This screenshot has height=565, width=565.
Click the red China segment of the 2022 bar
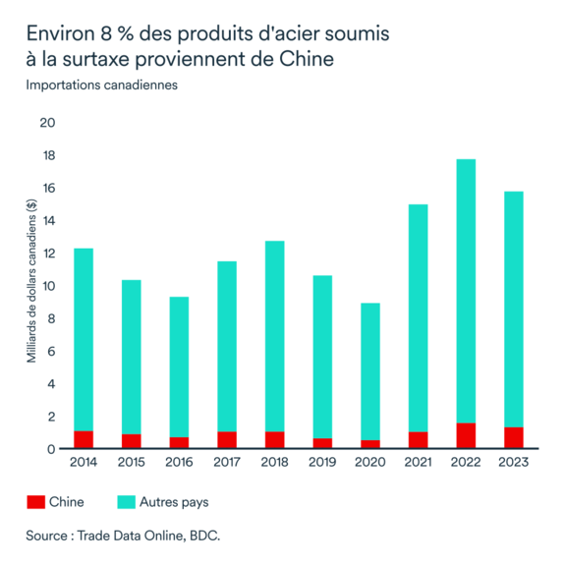point(466,436)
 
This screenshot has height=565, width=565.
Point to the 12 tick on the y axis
point(48,254)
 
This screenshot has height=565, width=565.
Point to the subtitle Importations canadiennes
point(101,85)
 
